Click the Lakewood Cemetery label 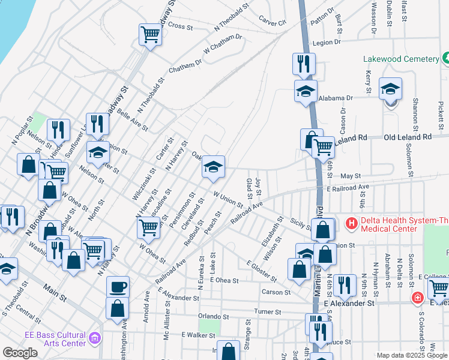coord(401,59)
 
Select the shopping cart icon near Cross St coord(150,34)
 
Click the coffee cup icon coord(118,286)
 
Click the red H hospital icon coord(352,224)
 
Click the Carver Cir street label coord(273,22)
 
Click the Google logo coord(20,353)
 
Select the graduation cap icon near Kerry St coord(390,89)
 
